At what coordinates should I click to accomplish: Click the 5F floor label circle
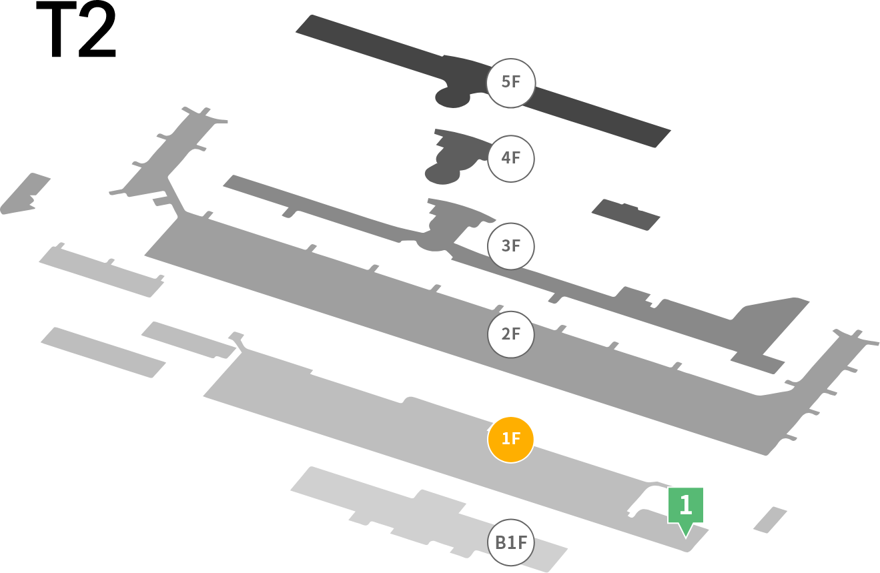coord(510,83)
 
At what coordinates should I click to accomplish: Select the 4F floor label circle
coord(510,159)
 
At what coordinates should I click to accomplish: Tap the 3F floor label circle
coord(510,246)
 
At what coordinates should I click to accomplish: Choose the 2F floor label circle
coord(510,334)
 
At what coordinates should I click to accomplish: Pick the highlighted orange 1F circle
coord(510,440)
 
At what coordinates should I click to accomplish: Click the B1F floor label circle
coord(510,542)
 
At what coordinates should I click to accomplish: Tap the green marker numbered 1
coord(686,506)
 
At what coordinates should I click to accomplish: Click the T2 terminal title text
coord(76,29)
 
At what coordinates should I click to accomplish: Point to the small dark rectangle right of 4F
coord(626,215)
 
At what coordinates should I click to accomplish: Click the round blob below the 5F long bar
coord(452,97)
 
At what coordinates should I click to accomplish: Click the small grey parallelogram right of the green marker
coord(770,520)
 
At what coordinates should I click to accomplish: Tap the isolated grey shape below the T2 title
coord(25,193)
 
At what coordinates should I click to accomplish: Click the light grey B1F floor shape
coord(428,518)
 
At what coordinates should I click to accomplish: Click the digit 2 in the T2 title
coord(97,29)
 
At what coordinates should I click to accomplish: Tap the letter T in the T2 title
coord(56,30)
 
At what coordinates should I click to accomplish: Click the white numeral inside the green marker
coord(686,505)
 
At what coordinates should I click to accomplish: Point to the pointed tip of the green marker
coord(686,538)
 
